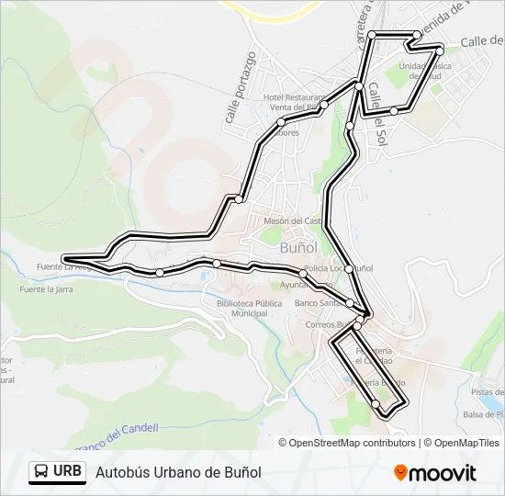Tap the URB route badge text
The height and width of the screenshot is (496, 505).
(x=67, y=471)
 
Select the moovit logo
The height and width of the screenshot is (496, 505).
(x=435, y=473)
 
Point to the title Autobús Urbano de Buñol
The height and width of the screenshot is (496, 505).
(x=178, y=472)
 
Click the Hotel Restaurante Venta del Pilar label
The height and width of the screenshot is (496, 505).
(x=294, y=102)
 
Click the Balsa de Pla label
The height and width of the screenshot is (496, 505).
(x=484, y=414)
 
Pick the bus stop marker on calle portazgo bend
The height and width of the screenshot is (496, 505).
(x=239, y=199)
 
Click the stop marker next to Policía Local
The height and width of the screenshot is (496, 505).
(x=349, y=268)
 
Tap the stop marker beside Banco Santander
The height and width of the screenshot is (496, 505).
(x=349, y=303)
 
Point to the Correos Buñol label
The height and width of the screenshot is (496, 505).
(x=331, y=324)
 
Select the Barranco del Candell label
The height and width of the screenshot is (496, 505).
(x=119, y=432)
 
